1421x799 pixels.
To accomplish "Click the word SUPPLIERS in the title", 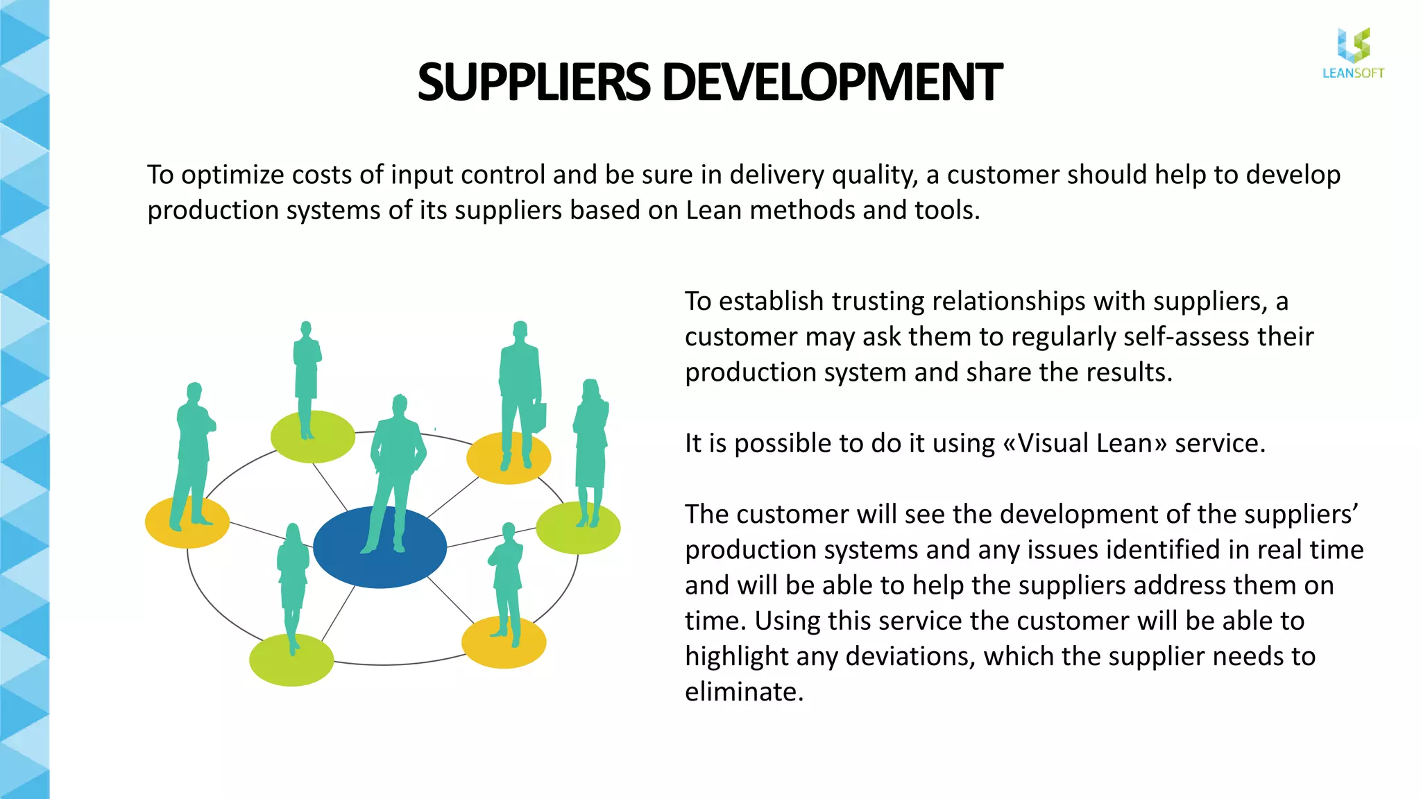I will [x=533, y=82].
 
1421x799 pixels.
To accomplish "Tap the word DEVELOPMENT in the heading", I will [x=832, y=82].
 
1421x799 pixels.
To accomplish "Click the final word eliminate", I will [x=743, y=692].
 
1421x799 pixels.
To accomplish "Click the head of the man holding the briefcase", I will [x=520, y=330].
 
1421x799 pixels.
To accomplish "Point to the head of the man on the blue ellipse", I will [x=400, y=404].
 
